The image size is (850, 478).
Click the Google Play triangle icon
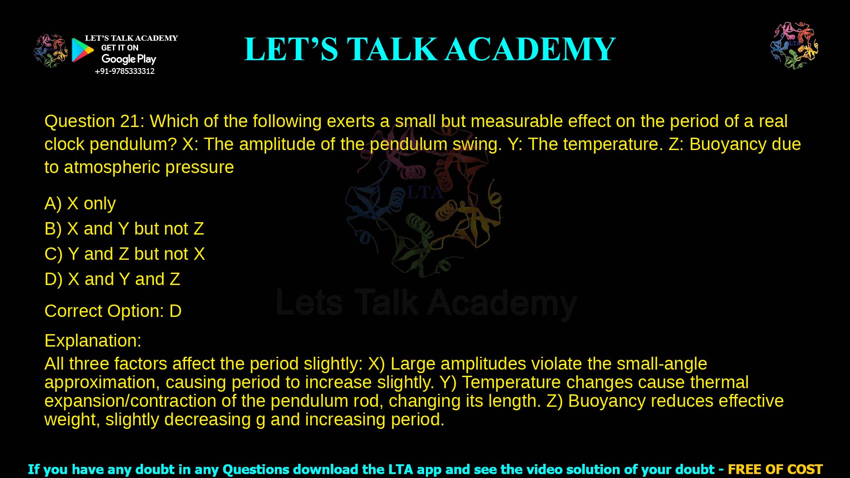click(x=82, y=50)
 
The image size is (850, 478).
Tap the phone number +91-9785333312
click(x=125, y=71)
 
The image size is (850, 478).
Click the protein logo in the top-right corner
click(x=794, y=46)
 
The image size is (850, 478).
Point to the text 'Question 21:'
click(x=94, y=121)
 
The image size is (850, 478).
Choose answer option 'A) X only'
click(x=80, y=204)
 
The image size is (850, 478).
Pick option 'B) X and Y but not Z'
click(x=124, y=229)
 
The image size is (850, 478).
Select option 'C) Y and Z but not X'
click(x=124, y=254)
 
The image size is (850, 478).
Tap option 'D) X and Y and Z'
click(x=112, y=279)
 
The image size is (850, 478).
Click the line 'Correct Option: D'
click(x=113, y=311)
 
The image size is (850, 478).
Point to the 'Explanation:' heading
click(x=93, y=341)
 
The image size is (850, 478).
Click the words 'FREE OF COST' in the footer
click(x=775, y=469)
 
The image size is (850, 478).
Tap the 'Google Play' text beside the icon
click(x=129, y=59)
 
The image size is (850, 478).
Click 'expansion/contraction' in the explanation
click(x=130, y=401)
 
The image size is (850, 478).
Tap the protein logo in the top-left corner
click(x=51, y=51)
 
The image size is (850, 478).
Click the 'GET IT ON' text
click(x=120, y=48)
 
